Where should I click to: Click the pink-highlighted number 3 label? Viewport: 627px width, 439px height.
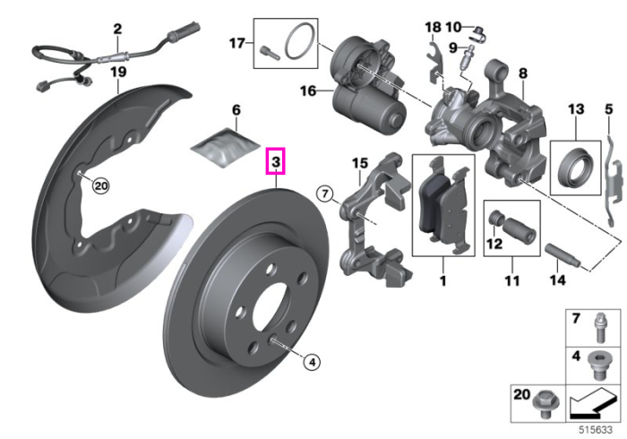click(x=276, y=161)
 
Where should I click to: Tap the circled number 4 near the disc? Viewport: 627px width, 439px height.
click(x=312, y=362)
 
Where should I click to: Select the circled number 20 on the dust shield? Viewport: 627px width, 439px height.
click(x=100, y=185)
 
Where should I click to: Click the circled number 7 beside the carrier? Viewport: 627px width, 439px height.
click(x=324, y=194)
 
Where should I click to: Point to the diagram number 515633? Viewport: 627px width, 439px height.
click(x=596, y=430)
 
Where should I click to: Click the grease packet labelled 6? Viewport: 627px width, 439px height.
click(x=224, y=147)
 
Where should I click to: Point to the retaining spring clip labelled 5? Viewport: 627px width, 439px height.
click(x=614, y=181)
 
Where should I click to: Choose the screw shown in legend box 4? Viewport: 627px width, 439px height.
click(x=597, y=366)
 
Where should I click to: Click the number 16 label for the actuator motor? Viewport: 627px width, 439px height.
click(x=308, y=90)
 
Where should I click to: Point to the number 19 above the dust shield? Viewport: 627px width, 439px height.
click(x=118, y=72)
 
